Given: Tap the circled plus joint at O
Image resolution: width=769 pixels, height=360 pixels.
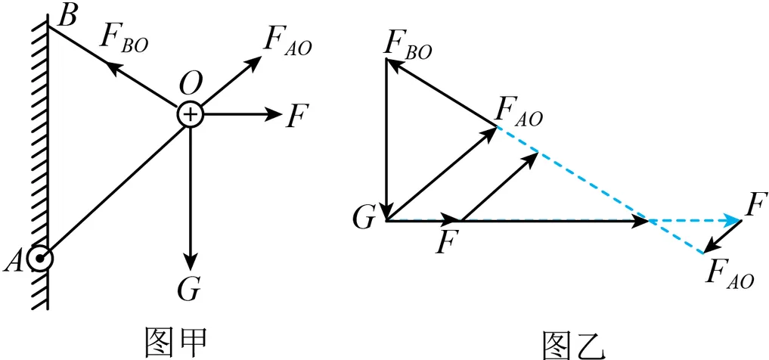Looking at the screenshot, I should click(191, 115).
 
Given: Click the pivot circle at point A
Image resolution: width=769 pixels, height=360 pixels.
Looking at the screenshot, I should click(39, 259).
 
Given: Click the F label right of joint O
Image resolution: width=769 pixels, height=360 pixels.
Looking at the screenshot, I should click(296, 116).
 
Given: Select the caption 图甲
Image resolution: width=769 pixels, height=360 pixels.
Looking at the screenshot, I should click(174, 340).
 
